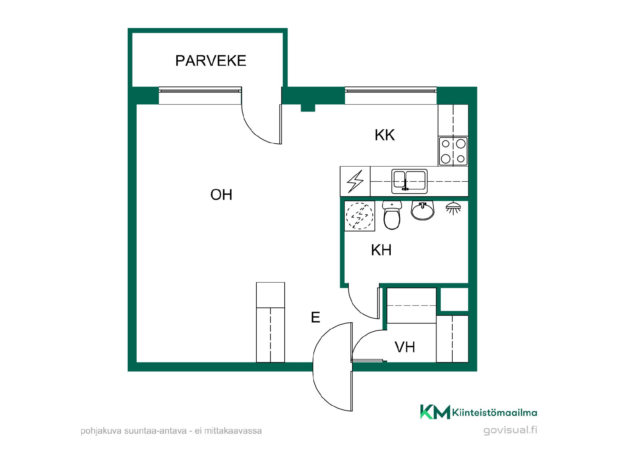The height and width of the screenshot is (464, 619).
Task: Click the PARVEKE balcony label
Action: click(x=211, y=61)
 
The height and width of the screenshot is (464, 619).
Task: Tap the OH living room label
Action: click(x=221, y=195)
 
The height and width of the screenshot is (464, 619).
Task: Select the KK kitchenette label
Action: click(x=385, y=135)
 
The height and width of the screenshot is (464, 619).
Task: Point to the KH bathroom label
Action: click(x=381, y=250)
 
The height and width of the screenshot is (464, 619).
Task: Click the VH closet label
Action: click(x=405, y=347)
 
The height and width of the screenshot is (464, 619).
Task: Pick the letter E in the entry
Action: click(x=315, y=317)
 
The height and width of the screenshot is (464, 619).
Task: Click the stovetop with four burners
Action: click(x=453, y=151)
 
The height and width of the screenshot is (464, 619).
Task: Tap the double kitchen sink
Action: click(x=409, y=181)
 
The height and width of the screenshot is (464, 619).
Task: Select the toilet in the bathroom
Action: click(x=392, y=215)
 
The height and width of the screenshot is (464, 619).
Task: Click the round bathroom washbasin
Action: click(x=423, y=210)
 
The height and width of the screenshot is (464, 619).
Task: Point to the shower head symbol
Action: click(x=453, y=208)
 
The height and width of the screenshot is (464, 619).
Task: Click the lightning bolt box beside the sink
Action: click(x=355, y=181)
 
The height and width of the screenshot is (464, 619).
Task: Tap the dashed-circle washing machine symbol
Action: click(x=359, y=216)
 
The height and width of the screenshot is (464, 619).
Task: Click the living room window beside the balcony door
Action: click(x=200, y=95)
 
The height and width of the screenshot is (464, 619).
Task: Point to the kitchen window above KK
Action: click(x=391, y=95)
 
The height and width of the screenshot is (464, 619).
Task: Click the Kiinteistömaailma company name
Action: click(x=495, y=413)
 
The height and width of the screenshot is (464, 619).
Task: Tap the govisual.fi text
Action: click(x=510, y=430)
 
